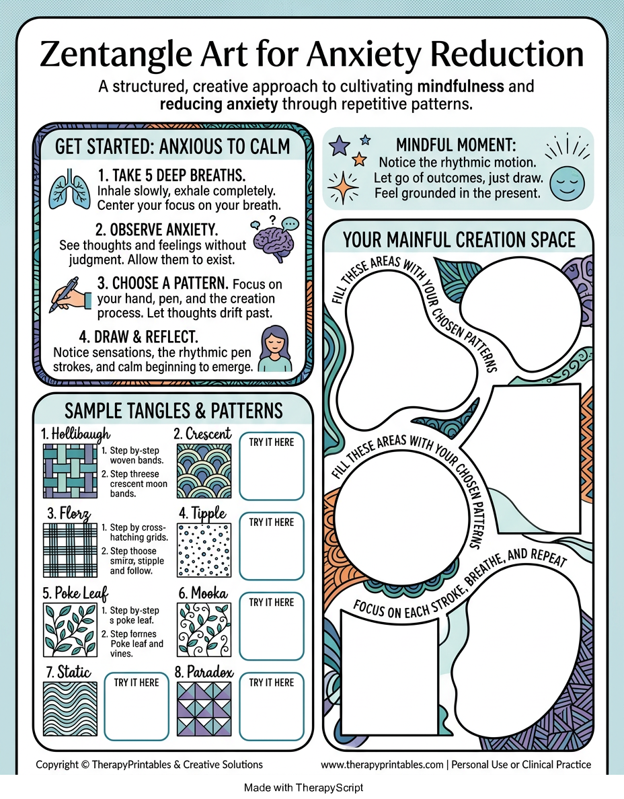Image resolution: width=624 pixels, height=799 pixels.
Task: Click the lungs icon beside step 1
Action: [69, 190]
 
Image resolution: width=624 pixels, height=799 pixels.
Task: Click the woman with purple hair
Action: [275, 349]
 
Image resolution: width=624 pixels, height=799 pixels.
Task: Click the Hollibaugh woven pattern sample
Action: [70, 471]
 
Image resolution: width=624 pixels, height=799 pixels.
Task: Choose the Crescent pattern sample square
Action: [204, 471]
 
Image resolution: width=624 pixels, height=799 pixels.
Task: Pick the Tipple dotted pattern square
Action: [204, 550]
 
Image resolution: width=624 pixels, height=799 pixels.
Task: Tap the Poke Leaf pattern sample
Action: [70, 630]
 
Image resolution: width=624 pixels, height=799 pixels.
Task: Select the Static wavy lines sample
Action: [70, 710]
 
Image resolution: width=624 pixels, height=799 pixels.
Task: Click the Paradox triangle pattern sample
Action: [204, 710]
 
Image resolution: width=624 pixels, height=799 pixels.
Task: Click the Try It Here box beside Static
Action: [136, 706]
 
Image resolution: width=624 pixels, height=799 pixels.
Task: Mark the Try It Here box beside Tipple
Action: [272, 546]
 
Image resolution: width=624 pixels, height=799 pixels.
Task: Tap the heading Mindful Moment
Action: [456, 145]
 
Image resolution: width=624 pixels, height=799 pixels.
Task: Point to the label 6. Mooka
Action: [203, 593]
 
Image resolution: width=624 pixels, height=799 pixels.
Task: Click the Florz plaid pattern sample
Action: [70, 550]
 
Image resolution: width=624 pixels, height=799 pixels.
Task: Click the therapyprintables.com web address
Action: [382, 764]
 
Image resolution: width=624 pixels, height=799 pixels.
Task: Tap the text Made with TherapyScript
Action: [304, 788]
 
